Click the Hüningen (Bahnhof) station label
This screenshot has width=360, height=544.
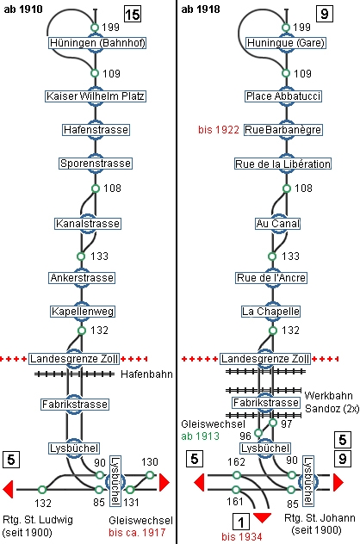(x=96, y=43)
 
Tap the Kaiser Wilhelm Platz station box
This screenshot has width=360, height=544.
(x=96, y=96)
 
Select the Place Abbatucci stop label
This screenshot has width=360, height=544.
(x=283, y=96)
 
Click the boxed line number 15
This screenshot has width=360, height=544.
(x=133, y=15)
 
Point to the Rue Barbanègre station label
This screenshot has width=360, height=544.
(x=283, y=130)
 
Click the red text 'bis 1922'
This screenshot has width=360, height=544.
(x=219, y=130)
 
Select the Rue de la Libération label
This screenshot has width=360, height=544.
(x=283, y=164)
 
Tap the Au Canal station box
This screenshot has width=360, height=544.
(x=277, y=224)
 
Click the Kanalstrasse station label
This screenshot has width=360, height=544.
(x=88, y=224)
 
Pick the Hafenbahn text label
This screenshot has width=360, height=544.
(x=146, y=374)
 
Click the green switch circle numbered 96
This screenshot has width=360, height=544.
(x=258, y=433)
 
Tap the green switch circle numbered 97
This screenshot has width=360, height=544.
(x=273, y=423)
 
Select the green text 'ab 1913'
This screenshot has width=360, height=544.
(x=201, y=436)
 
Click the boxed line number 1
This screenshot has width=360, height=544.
(x=240, y=522)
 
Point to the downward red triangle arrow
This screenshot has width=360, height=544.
(x=262, y=517)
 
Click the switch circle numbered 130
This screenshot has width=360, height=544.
(x=150, y=475)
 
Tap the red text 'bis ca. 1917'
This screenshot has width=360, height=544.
(x=137, y=533)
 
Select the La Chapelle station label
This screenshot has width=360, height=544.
(x=270, y=312)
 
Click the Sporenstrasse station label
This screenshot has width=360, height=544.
(x=96, y=164)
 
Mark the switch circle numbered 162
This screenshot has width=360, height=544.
(x=237, y=475)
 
